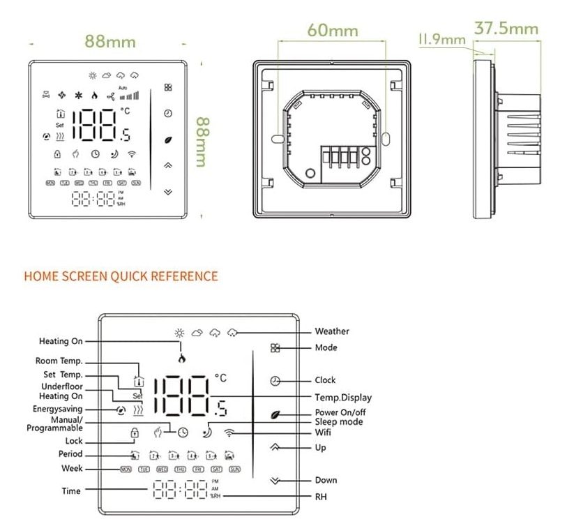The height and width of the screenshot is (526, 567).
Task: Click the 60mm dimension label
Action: (332, 31)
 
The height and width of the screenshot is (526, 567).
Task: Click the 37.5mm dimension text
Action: (506, 28)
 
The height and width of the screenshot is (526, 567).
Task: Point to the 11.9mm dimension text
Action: (441, 39)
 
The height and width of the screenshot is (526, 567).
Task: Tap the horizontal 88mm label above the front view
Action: (109, 40)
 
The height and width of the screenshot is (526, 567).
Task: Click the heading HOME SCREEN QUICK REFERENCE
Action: (121, 276)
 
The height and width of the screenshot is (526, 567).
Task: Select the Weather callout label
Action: (332, 331)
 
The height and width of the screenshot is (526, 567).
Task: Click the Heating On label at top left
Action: (61, 341)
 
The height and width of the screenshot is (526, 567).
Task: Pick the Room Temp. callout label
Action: (59, 361)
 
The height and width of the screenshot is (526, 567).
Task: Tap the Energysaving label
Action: (57, 409)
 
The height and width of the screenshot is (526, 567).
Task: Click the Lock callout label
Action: (73, 441)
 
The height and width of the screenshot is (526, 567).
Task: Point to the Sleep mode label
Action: (338, 422)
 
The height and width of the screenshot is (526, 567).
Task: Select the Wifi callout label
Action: (323, 433)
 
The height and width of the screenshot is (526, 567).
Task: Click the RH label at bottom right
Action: (320, 497)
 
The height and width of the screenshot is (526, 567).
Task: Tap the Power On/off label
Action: (340, 412)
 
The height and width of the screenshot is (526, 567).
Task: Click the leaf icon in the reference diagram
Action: (276, 414)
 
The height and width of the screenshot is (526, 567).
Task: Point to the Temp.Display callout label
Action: (343, 397)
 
